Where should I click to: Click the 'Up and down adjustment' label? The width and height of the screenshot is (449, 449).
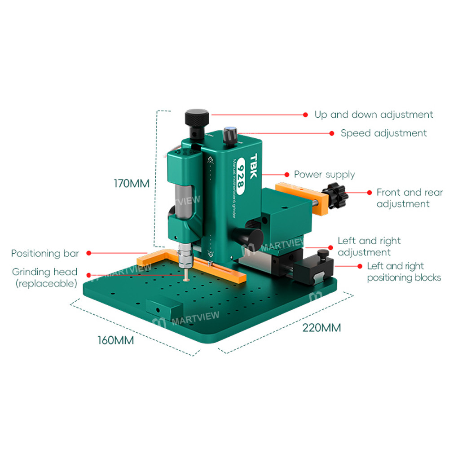(x=374, y=114)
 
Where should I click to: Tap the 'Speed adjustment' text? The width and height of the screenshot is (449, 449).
(x=383, y=133)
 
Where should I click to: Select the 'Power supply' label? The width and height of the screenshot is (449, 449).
(x=324, y=174)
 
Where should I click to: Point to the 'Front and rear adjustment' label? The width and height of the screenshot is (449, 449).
(x=409, y=198)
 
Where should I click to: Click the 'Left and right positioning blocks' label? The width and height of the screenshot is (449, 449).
(x=404, y=272)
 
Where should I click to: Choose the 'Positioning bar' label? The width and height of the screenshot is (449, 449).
(x=45, y=253)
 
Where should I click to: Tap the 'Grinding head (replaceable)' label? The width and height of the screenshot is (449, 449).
(x=44, y=277)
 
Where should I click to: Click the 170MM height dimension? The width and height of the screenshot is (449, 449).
(x=131, y=184)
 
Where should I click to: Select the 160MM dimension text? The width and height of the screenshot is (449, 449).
(x=115, y=340)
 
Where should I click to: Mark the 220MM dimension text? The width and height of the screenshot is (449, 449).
(x=321, y=327)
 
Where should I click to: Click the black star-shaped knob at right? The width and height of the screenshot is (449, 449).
(x=338, y=196)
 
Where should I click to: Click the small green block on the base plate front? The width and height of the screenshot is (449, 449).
(x=164, y=308)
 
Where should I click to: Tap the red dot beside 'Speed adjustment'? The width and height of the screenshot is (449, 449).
(x=332, y=133)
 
